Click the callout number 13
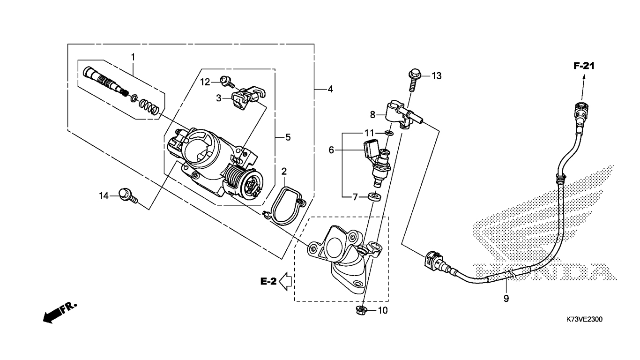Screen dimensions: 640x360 (x=436, y=76)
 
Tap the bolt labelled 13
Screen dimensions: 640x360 (x=413, y=79)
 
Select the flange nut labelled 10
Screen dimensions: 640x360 (x=361, y=310)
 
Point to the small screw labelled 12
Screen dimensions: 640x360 (x=227, y=81)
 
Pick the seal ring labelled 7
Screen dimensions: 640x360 (x=374, y=196)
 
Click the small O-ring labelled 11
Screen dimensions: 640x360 (x=388, y=133)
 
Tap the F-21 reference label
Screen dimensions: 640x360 (x=584, y=66)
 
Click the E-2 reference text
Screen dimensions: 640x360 (x=268, y=281)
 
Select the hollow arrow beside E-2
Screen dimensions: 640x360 (x=285, y=281)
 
